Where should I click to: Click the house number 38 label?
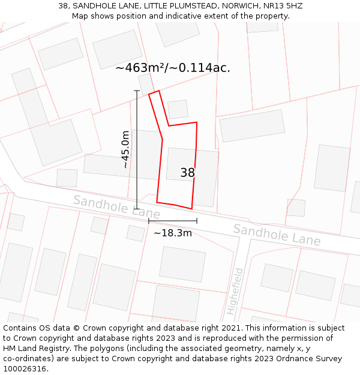[x=187, y=173]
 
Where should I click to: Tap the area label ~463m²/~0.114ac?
[x=173, y=68]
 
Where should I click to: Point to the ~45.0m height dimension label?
[x=125, y=149]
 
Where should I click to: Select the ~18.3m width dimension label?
[x=173, y=233]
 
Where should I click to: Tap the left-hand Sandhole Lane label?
[x=116, y=206]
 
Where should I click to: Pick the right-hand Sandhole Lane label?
[x=277, y=234]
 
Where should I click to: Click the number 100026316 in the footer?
[x=24, y=368]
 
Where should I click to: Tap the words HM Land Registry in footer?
[x=33, y=348]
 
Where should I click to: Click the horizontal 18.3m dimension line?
[x=173, y=221]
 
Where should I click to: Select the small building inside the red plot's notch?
[x=178, y=109]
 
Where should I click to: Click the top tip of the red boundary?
[x=158, y=91]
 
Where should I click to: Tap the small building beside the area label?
[x=146, y=83]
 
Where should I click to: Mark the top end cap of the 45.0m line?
[x=137, y=91]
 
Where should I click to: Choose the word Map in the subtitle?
[x=80, y=16]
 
